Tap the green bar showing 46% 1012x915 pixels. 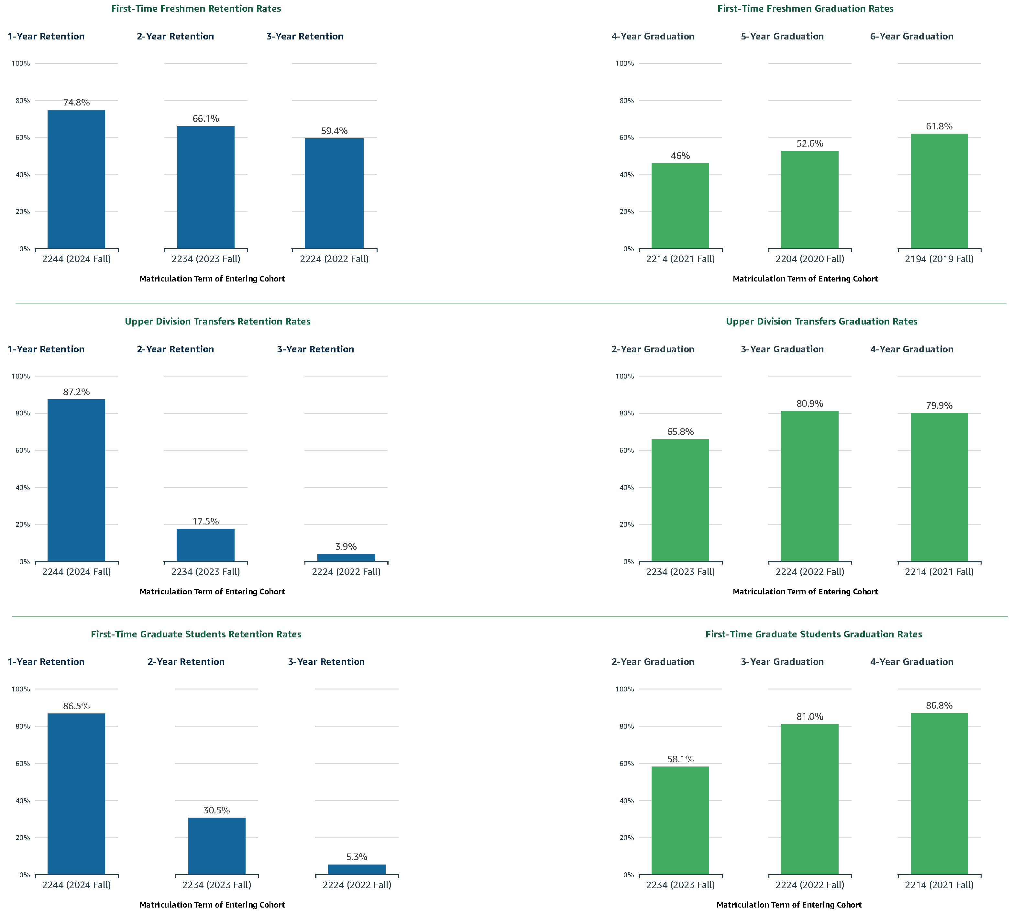[x=680, y=206]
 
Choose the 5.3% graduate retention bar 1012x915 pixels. [x=357, y=869]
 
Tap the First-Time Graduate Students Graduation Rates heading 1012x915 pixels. [x=813, y=634]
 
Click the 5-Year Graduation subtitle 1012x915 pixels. [x=782, y=36]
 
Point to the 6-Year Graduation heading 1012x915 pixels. [x=912, y=36]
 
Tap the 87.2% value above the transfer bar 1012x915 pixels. [x=76, y=392]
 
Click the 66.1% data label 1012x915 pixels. [x=206, y=118]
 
